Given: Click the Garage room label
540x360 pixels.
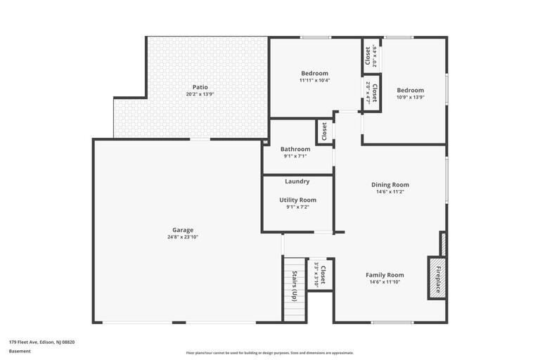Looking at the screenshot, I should (183, 230).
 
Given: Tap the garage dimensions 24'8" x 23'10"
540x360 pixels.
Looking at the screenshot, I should (183, 238).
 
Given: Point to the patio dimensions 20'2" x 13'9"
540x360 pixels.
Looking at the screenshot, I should (200, 94).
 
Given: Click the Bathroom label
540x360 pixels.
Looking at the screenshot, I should (295, 149).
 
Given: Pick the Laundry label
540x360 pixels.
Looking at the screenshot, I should (297, 181).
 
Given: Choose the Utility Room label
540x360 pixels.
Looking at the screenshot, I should (297, 200).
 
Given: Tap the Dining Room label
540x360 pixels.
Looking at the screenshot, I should (390, 185).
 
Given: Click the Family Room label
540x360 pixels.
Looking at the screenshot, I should (385, 275).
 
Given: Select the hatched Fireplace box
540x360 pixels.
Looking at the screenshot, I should (437, 278).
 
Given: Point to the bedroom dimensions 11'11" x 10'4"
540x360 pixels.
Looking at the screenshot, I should (314, 80).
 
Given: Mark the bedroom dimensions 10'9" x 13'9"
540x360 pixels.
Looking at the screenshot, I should (410, 97).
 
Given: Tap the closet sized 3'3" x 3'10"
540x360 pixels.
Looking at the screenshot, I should (321, 274).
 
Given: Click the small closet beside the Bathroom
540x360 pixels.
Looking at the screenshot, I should (324, 131).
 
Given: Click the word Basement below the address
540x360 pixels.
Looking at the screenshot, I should (20, 351).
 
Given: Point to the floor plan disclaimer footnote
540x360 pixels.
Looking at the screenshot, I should (270, 353).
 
